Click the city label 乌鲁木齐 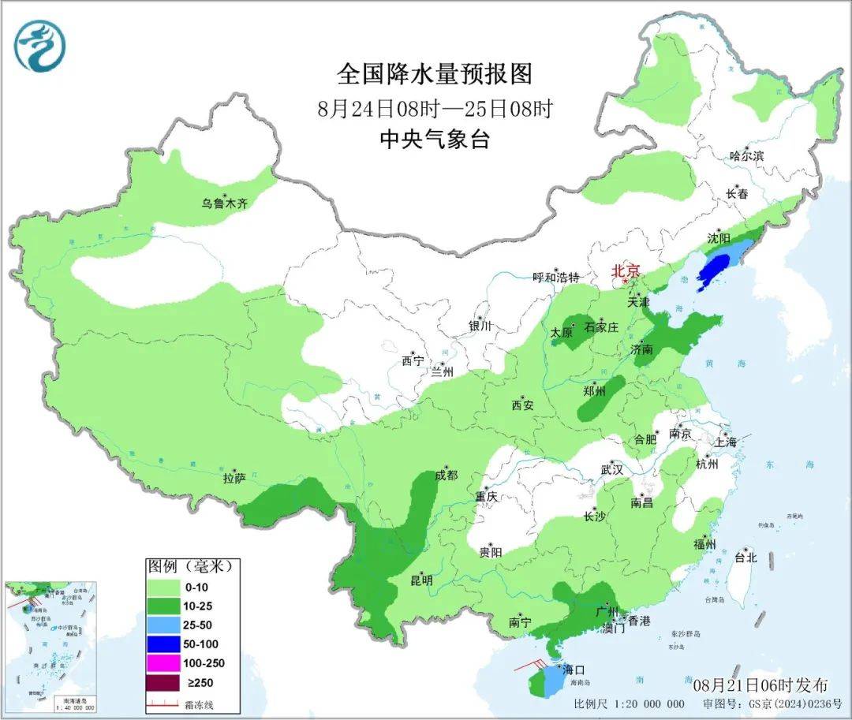tap(224, 204)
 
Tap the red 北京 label tap(630, 270)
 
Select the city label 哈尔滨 tap(746, 156)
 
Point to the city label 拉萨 tap(234, 478)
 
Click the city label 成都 tap(446, 476)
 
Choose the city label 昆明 tap(420, 580)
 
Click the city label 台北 tap(745, 558)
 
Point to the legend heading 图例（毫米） tap(192, 566)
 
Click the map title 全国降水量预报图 tap(435, 74)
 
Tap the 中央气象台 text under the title tap(435, 140)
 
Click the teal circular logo tap(39, 46)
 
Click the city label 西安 tap(522, 405)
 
